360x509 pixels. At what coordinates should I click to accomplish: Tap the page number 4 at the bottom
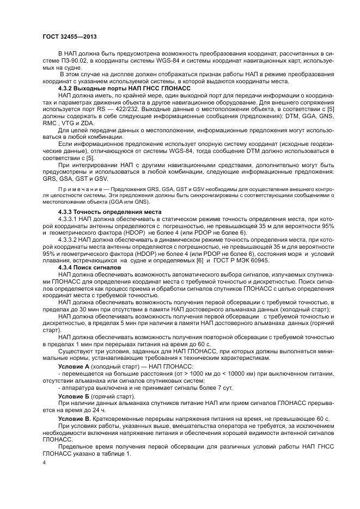[44, 462]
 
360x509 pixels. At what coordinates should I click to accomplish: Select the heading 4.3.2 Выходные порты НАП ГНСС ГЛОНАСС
[120, 87]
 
